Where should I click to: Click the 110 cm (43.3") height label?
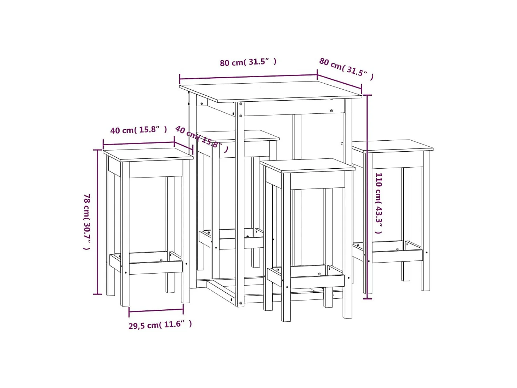pyautogui.click(x=379, y=203)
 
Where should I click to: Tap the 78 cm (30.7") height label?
pyautogui.click(x=87, y=221)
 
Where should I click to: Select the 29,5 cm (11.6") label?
pyautogui.click(x=160, y=325)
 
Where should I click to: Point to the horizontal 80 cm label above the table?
pyautogui.click(x=248, y=62)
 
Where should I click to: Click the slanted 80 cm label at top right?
pyautogui.click(x=346, y=69)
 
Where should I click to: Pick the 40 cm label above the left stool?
pyautogui.click(x=138, y=130)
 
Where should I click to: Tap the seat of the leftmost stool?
pyautogui.click(x=148, y=154)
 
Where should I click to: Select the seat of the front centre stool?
pyautogui.click(x=307, y=165)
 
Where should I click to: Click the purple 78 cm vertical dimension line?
pyautogui.click(x=97, y=221)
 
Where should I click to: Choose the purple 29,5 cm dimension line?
pyautogui.click(x=156, y=311)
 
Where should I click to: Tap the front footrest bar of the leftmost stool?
pyautogui.click(x=156, y=268)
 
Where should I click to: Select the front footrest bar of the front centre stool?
pyautogui.click(x=317, y=282)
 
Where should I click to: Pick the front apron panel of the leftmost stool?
pyautogui.click(x=156, y=169)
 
